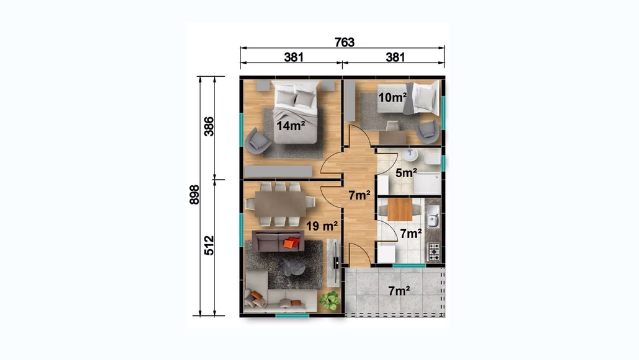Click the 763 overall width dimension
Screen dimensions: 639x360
(x=345, y=42)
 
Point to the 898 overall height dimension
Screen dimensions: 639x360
(x=195, y=195)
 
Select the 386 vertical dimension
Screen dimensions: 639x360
(x=209, y=126)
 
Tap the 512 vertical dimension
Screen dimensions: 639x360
(x=209, y=245)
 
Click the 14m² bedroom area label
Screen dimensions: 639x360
(x=291, y=126)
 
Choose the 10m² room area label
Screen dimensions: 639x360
(x=392, y=98)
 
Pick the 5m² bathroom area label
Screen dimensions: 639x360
(x=406, y=173)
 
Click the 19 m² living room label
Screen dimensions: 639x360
(x=322, y=226)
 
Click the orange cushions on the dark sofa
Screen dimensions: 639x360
(x=291, y=243)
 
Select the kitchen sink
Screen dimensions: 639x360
(x=433, y=216)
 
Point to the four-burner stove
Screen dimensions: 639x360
(x=434, y=252)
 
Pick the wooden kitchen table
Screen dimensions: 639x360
(x=400, y=209)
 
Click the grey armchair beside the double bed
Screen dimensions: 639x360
(x=257, y=140)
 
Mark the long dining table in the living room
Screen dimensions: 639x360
(x=280, y=204)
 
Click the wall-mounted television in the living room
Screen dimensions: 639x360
(x=336, y=263)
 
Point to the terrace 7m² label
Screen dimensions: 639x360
(x=399, y=291)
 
